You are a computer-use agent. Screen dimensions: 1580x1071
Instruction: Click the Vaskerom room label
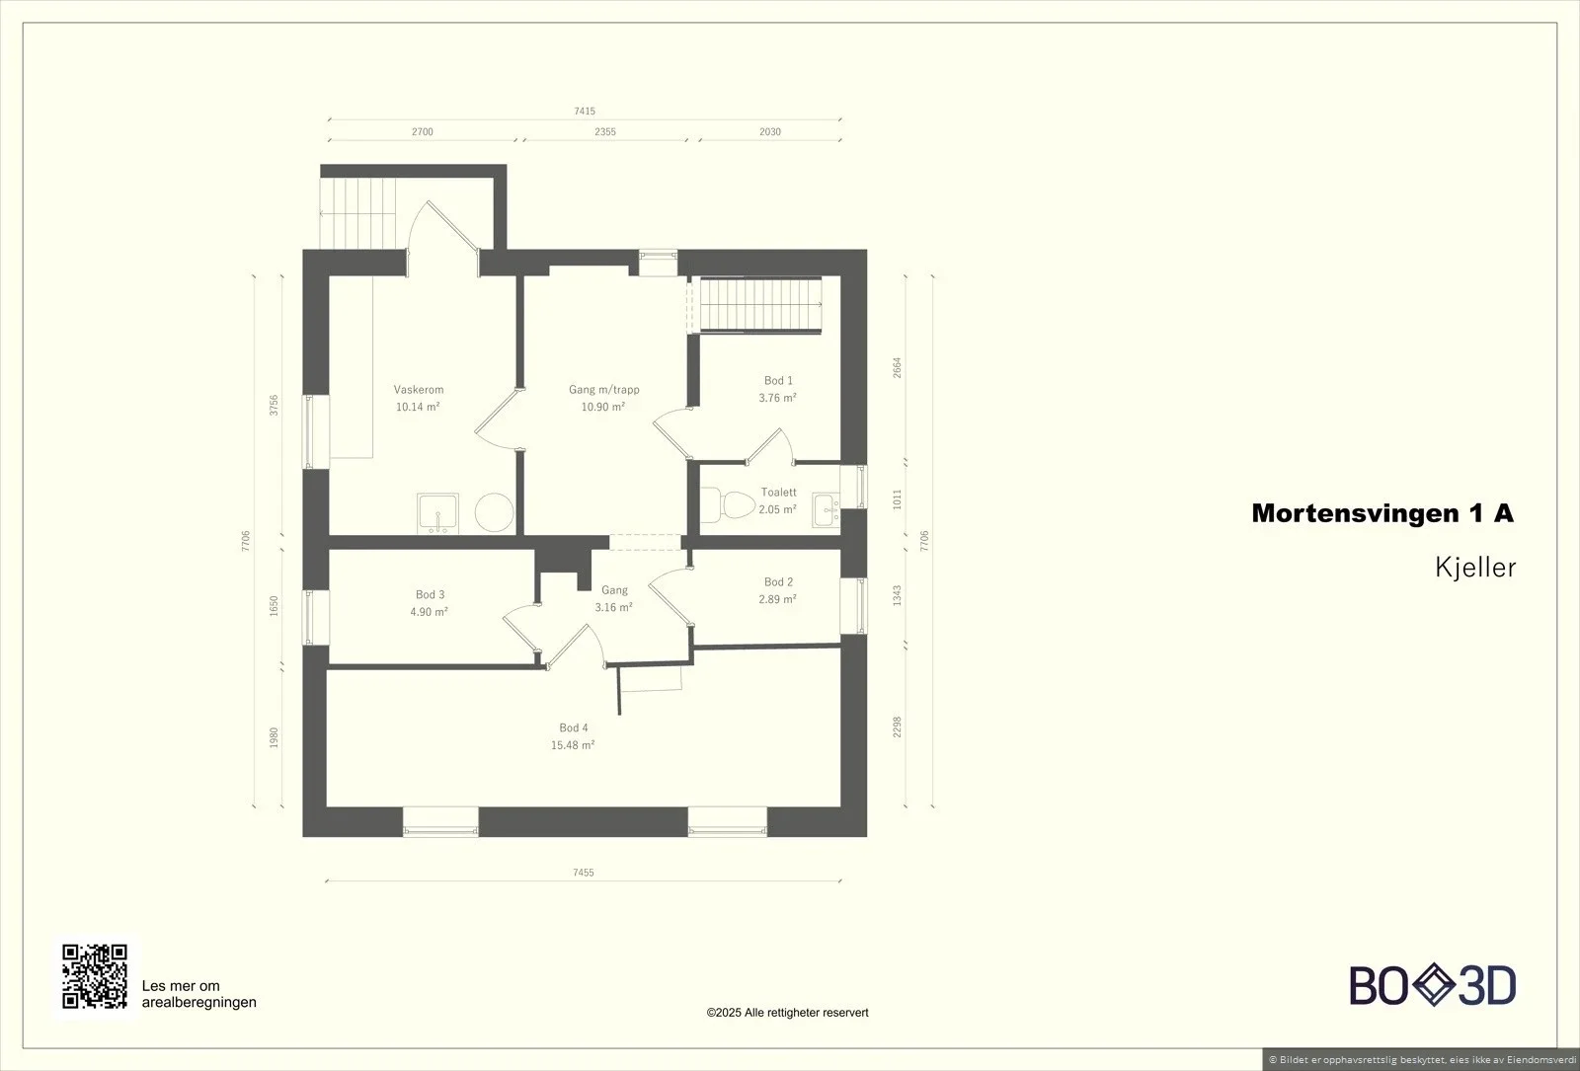419,389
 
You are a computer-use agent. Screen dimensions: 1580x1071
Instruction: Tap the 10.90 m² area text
603,407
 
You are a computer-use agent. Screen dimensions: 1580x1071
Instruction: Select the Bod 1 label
778,380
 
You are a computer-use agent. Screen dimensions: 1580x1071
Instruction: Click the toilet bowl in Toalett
728,504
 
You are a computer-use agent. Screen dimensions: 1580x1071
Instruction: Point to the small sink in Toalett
826,509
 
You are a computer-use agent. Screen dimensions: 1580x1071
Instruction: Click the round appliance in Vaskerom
494,512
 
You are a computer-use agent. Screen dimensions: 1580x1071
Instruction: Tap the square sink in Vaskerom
437,513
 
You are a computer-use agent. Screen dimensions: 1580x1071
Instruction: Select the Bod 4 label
574,727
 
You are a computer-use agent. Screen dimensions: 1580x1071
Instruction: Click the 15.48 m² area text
573,745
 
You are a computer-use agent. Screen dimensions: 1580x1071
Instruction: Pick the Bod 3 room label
430,594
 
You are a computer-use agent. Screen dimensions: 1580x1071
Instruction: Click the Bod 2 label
778,581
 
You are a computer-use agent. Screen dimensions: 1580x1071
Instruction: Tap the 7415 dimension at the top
585,111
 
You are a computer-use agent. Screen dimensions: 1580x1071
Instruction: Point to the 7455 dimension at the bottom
584,873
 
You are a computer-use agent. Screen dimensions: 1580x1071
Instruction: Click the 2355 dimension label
605,132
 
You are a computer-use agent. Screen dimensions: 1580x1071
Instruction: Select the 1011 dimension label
898,499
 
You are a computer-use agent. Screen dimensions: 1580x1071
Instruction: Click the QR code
95,976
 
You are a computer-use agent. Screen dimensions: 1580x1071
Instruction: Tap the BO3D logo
1433,985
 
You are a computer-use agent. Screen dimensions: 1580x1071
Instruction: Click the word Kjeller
1475,568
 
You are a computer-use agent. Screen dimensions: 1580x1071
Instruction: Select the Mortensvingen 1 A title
1382,513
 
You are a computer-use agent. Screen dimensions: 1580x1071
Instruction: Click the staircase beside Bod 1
759,305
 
